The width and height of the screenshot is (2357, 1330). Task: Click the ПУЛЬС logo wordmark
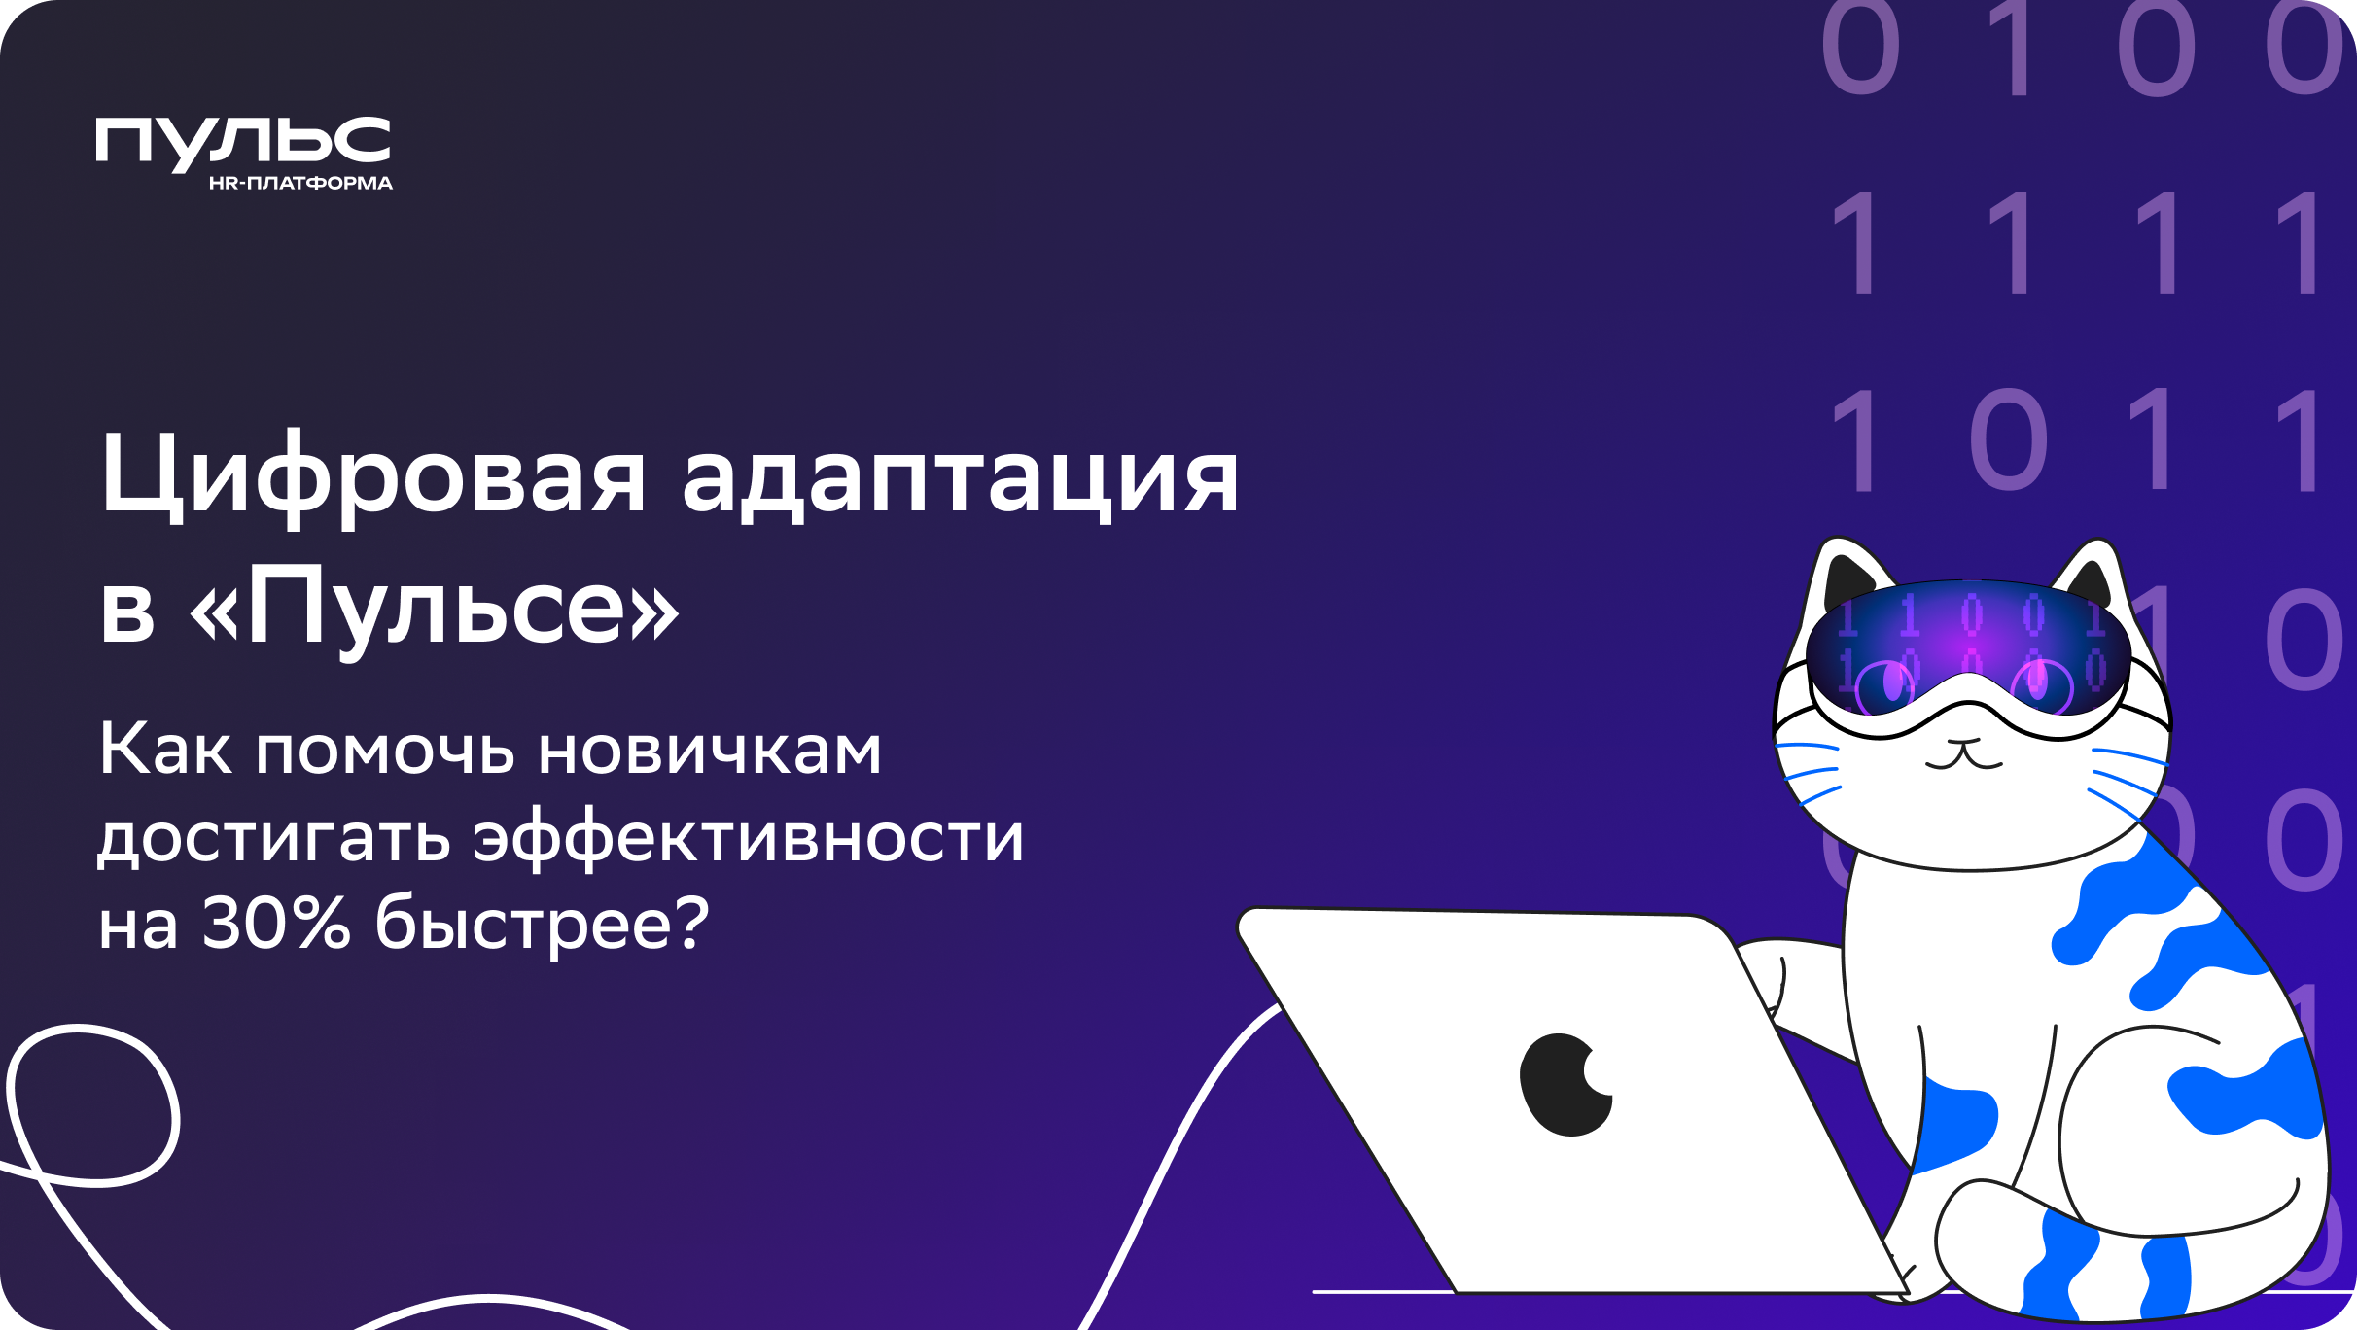click(243, 144)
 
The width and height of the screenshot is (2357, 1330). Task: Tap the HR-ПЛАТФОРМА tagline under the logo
click(300, 183)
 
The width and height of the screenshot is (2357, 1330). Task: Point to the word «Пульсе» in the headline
click(434, 610)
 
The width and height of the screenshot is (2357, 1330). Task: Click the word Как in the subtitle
click(165, 749)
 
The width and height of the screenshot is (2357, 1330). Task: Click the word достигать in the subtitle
click(274, 838)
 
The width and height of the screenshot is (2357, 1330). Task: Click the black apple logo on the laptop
click(1566, 1084)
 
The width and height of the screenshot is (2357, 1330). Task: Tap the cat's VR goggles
click(1968, 648)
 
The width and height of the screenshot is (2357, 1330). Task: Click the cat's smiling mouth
click(1964, 755)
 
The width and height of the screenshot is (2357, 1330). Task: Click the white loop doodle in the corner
click(93, 1106)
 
